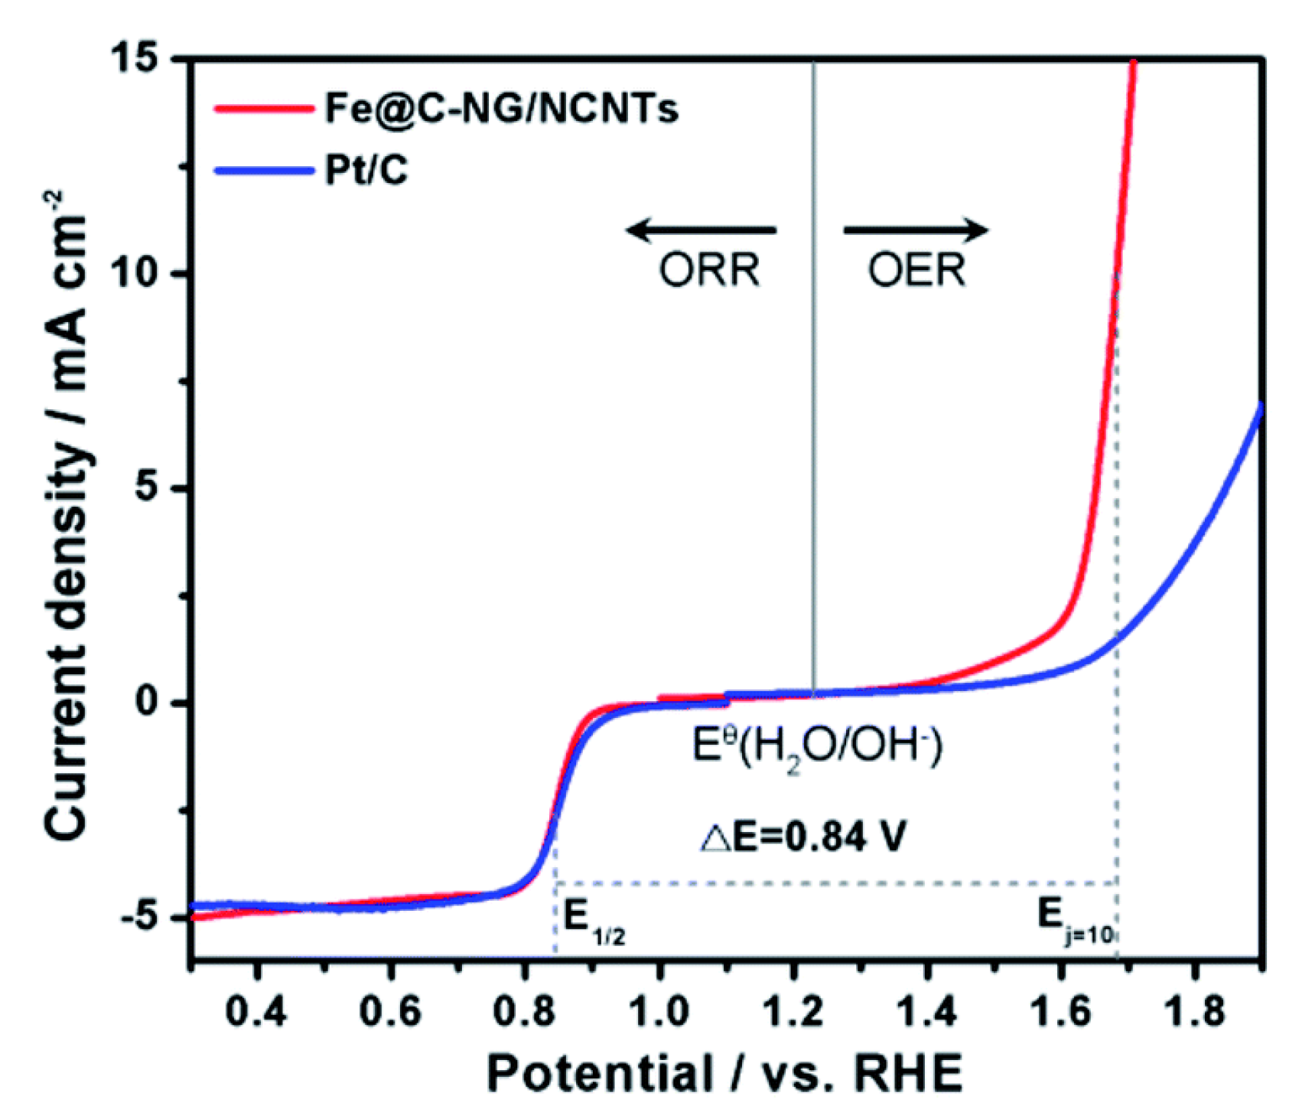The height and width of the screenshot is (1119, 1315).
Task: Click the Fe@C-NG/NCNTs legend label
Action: click(x=501, y=108)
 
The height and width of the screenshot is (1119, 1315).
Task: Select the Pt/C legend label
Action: click(x=366, y=169)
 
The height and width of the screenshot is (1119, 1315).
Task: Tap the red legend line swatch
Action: click(x=263, y=109)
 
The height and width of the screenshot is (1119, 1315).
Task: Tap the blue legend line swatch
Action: click(x=263, y=170)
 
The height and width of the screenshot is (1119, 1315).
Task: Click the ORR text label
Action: click(x=709, y=270)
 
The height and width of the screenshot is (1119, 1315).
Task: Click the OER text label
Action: click(x=916, y=270)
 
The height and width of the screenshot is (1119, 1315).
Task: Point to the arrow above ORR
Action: click(x=701, y=229)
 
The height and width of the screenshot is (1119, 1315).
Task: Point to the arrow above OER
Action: click(x=916, y=229)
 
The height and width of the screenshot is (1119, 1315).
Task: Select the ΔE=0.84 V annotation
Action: click(x=803, y=837)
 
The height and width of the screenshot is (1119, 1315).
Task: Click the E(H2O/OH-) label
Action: click(x=817, y=746)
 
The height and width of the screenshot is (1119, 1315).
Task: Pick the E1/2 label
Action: click(x=594, y=920)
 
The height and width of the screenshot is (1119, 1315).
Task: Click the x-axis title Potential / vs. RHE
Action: click(x=724, y=1073)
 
